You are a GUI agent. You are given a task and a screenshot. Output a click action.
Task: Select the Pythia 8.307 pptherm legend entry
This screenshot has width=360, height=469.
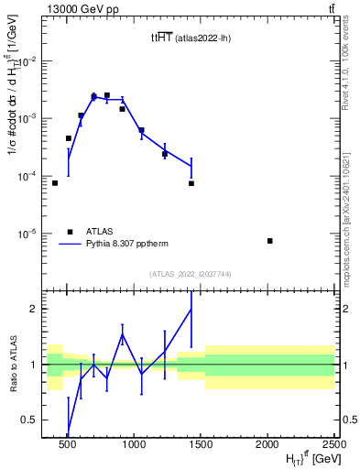pos(117,245)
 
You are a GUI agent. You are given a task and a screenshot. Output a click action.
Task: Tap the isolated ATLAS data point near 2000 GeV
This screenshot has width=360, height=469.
pos(269,241)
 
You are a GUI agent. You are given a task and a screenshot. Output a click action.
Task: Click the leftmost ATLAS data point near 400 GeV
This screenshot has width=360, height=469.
pos(55,183)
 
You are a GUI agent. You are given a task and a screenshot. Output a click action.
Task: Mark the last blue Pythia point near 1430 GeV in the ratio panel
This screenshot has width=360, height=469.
pos(191,309)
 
